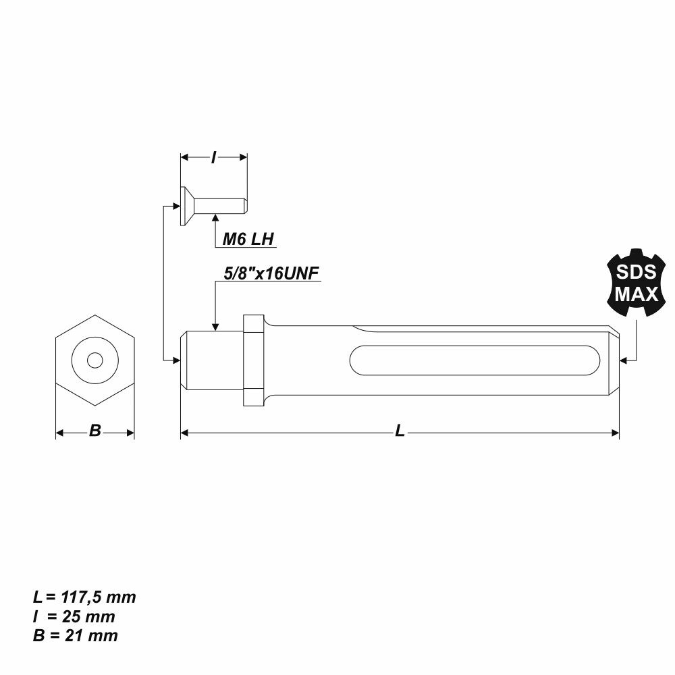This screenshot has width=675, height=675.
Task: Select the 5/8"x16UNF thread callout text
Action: click(270, 273)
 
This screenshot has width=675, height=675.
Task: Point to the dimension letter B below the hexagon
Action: click(95, 431)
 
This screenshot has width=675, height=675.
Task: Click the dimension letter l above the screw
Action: click(214, 157)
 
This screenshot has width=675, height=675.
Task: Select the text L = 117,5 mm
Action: click(84, 597)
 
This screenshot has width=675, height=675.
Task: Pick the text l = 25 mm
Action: click(74, 616)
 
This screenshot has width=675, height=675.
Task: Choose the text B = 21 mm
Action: click(76, 635)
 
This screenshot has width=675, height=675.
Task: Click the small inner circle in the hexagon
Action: click(95, 360)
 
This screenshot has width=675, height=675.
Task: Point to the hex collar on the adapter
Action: click(252, 360)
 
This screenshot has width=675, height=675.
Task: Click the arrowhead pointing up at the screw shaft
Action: click(215, 218)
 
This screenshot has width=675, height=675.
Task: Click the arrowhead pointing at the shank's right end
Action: click(624, 360)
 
